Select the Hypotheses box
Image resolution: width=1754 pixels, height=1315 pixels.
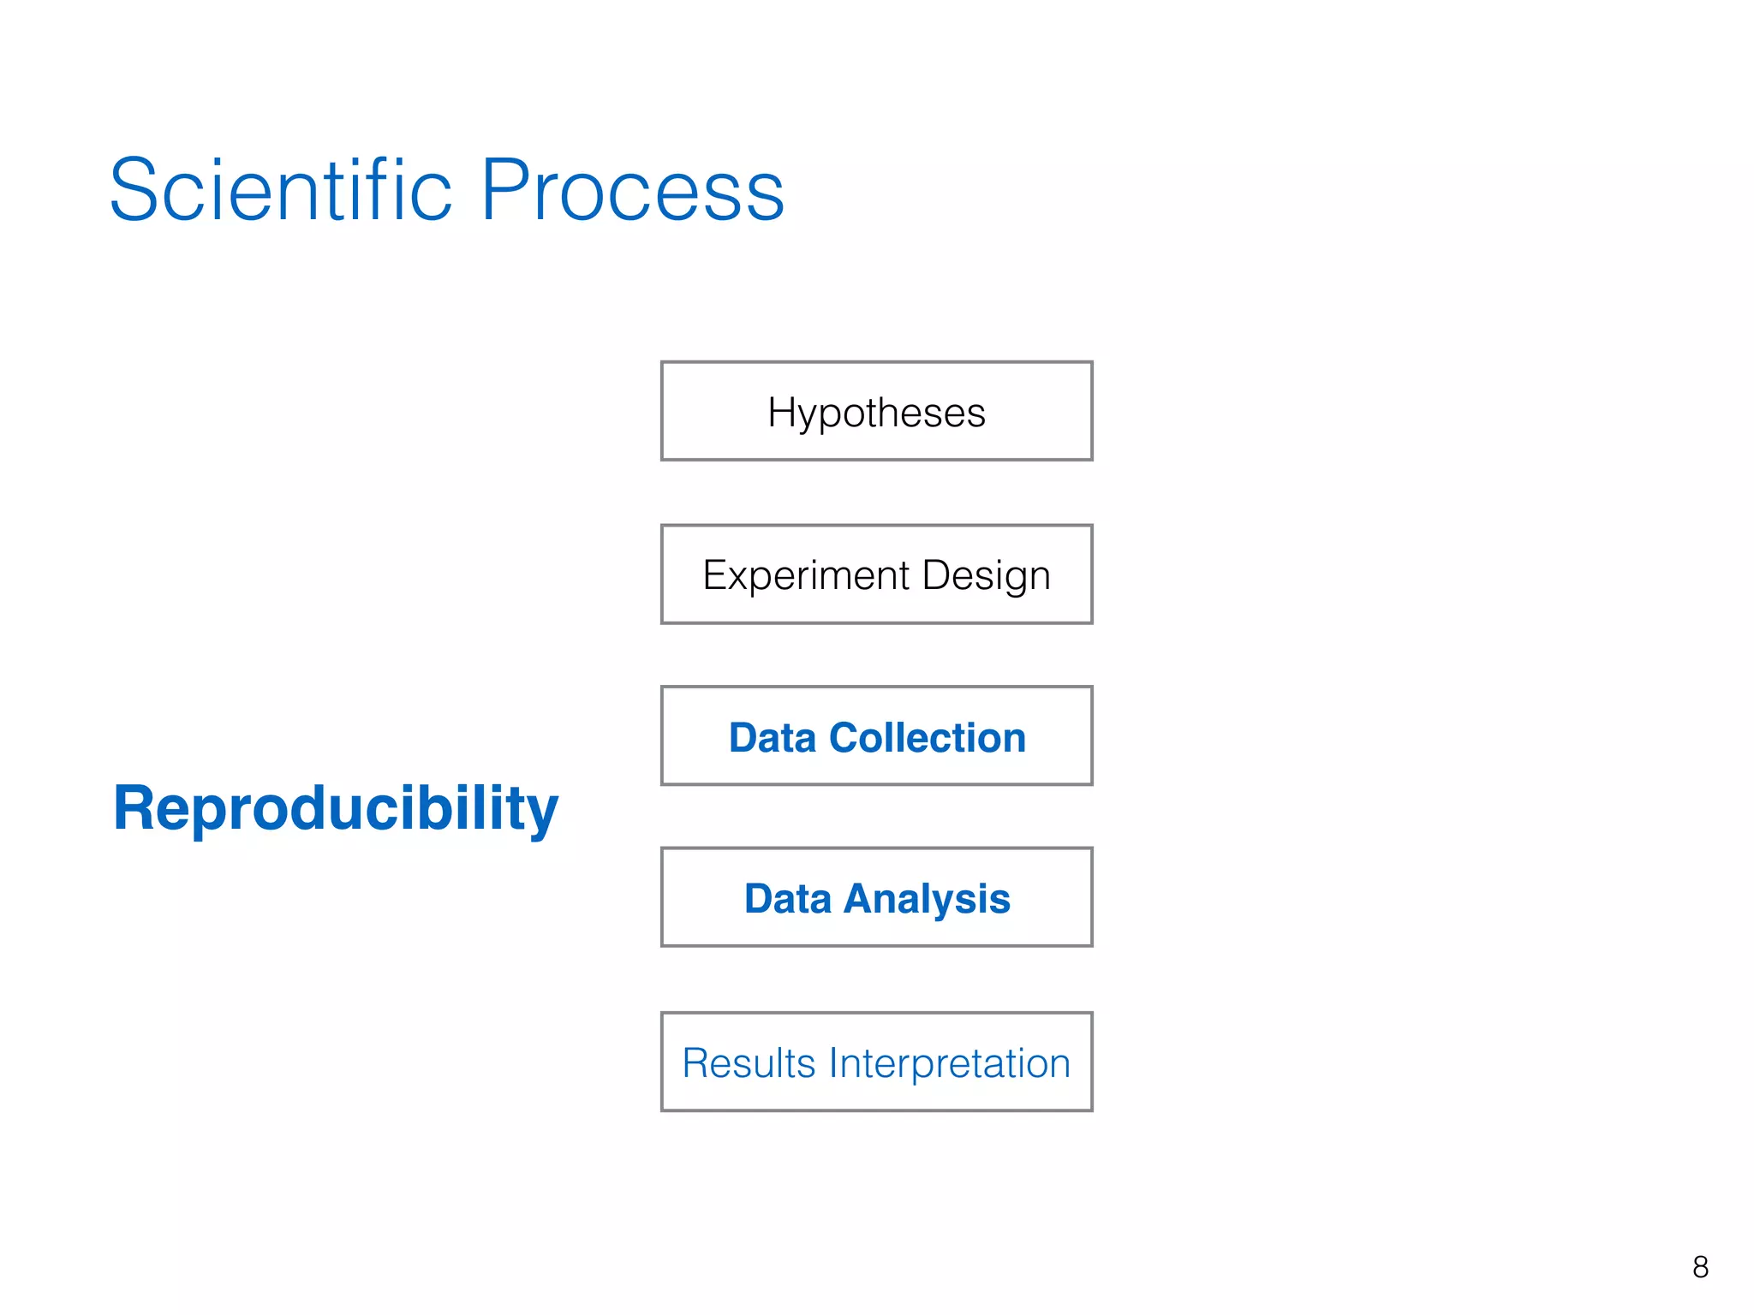point(876,412)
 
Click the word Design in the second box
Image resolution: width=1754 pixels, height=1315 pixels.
point(986,575)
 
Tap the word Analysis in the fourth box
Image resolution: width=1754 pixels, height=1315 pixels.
point(927,899)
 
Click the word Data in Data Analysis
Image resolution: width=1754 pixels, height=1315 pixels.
point(787,899)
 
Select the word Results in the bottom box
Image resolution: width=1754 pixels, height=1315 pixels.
point(749,1063)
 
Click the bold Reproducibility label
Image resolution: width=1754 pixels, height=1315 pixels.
point(335,808)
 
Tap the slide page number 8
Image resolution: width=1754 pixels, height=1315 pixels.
point(1700,1267)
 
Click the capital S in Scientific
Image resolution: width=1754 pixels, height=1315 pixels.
point(137,190)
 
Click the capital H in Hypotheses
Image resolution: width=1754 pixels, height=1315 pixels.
point(782,412)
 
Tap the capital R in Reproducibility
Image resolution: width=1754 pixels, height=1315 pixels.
point(134,808)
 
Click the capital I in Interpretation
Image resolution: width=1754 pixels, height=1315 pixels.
point(833,1063)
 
